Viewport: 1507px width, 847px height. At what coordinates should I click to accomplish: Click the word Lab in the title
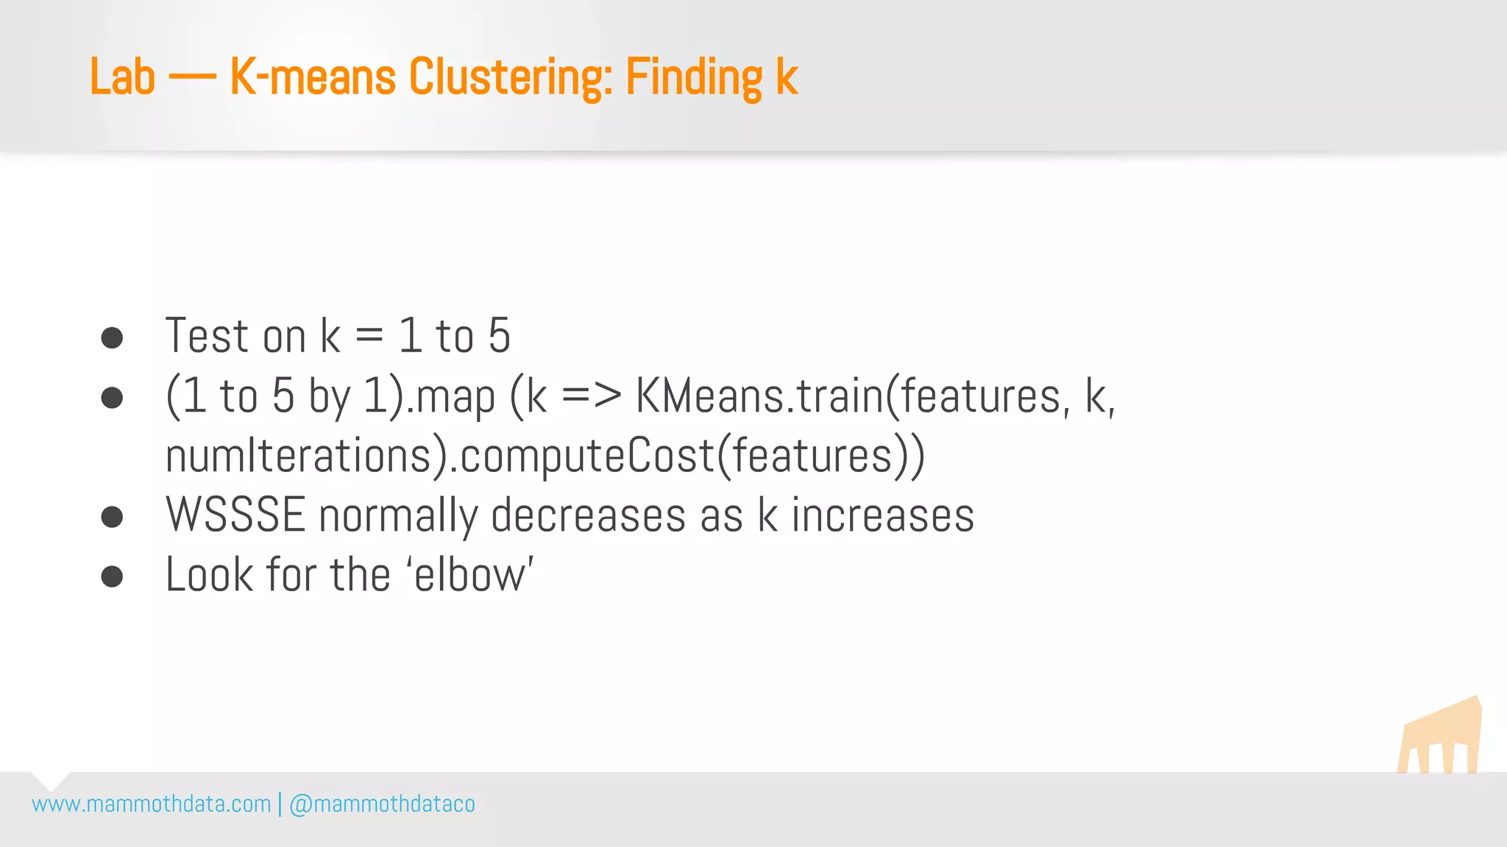pos(122,76)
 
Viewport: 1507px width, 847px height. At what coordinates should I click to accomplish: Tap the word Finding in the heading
pos(694,76)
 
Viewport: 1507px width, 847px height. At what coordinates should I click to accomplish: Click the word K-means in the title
pos(313,76)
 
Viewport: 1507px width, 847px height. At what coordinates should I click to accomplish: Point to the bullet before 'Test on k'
pos(112,337)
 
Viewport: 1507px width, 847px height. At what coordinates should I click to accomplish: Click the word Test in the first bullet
pos(207,336)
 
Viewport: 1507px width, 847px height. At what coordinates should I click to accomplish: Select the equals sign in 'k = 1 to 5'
pos(369,336)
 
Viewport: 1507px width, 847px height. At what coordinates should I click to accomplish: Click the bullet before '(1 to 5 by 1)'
pos(112,398)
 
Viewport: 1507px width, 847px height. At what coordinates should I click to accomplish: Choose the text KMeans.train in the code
pos(759,396)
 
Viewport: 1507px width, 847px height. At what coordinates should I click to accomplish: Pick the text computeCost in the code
pos(587,456)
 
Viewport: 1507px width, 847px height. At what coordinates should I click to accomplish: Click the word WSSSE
pos(235,515)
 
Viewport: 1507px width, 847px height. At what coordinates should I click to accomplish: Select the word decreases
pos(588,515)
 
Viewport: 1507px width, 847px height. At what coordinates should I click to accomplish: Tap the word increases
pos(882,515)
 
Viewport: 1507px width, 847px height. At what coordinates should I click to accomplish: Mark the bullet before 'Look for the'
pos(112,576)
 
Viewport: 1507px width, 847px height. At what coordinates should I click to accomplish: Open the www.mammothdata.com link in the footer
pos(152,804)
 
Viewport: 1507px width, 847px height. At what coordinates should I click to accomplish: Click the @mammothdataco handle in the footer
pos(382,804)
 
